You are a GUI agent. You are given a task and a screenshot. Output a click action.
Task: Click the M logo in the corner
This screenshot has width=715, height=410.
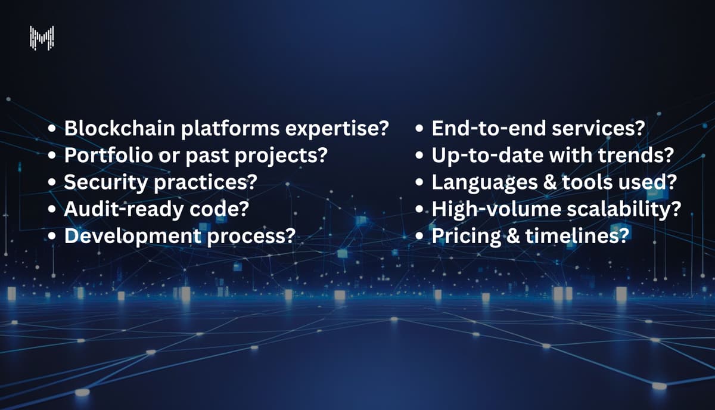click(x=42, y=37)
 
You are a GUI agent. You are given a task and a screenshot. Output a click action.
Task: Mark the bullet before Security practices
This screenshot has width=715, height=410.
click(x=53, y=183)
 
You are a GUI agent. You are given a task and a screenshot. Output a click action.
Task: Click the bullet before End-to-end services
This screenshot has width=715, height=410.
click(x=421, y=129)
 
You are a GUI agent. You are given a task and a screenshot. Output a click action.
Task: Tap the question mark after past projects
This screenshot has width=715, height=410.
click(x=322, y=155)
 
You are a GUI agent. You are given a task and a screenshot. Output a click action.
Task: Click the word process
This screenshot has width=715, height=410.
click(x=251, y=236)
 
